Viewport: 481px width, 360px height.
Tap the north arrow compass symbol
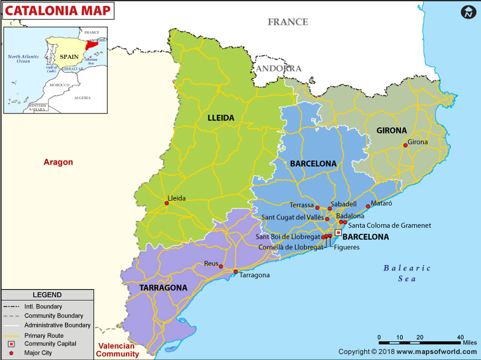point(468,12)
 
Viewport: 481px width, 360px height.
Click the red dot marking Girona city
point(405,145)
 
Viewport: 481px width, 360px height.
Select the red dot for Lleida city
point(167,203)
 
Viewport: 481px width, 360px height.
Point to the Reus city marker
point(221,267)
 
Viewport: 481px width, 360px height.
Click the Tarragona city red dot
point(236,272)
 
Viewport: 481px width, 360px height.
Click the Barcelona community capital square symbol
point(338,232)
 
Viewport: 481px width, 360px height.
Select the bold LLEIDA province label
point(221,118)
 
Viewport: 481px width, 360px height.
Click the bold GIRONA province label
point(391,130)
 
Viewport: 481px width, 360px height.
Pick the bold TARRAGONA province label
point(163,288)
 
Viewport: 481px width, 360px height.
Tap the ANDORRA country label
point(278,69)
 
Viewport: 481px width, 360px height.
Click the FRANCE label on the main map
point(287,22)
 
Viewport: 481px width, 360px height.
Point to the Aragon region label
point(58,162)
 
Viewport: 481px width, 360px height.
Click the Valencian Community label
point(118,350)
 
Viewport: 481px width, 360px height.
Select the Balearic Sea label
point(408,273)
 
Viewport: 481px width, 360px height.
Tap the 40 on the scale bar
point(460,337)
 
